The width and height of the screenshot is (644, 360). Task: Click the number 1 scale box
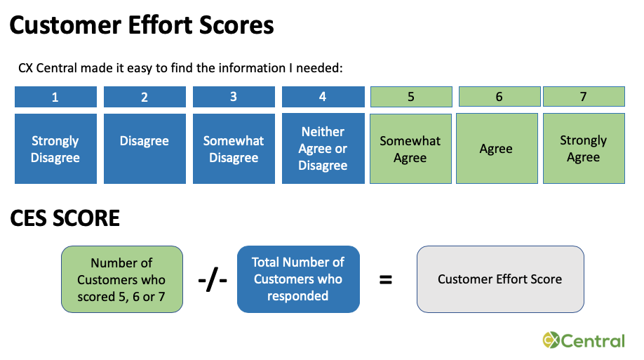[x=55, y=97]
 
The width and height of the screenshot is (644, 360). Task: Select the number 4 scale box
[x=323, y=97]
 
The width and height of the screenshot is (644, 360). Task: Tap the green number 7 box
[x=583, y=97]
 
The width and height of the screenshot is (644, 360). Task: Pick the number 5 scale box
[x=410, y=97]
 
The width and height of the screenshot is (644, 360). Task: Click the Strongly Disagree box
[x=55, y=149]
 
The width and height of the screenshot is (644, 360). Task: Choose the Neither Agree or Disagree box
[x=323, y=149]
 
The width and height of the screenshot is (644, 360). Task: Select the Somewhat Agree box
[x=410, y=149]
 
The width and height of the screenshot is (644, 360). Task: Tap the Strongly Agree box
[x=583, y=149]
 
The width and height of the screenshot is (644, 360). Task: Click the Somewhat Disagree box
[x=234, y=149]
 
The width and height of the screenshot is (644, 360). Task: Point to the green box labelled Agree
[x=497, y=149]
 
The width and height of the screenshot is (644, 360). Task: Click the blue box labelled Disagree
[x=145, y=149]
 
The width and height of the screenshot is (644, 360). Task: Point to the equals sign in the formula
[x=385, y=279]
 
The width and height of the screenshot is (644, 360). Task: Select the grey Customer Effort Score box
[x=500, y=279]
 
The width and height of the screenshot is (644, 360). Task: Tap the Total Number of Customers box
[x=298, y=279]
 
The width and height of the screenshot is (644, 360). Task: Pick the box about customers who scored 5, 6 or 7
[x=122, y=279]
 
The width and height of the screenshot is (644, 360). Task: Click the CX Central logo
[x=583, y=341]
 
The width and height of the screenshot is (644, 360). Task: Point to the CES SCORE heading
[x=65, y=218]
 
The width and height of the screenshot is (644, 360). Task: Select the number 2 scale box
[x=145, y=97]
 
